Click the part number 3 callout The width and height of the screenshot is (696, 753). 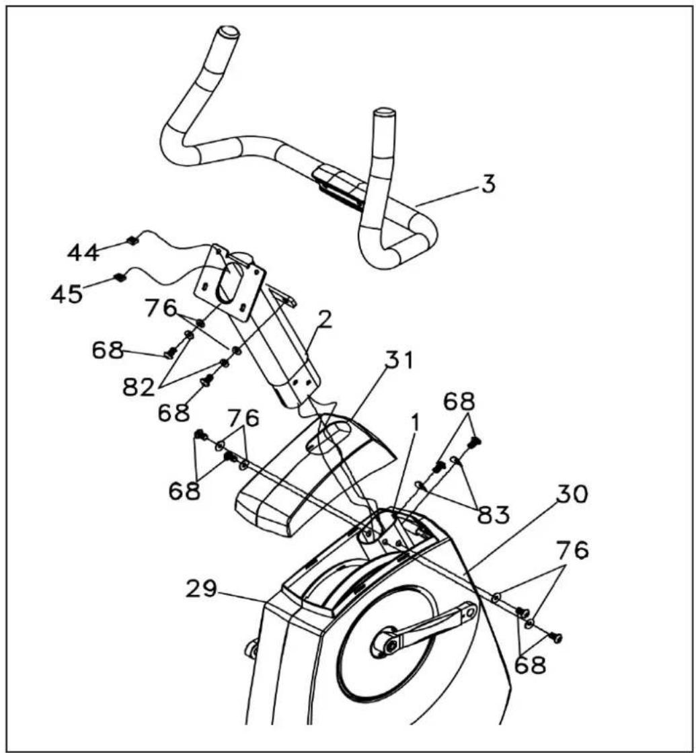tap(488, 184)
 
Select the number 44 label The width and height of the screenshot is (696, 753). tap(83, 253)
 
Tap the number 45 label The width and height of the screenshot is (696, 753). tap(67, 294)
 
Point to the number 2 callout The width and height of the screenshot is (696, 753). tap(325, 319)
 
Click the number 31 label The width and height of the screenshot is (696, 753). tap(399, 360)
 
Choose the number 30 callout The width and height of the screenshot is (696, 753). tap(572, 494)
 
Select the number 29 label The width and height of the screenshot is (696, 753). tap(202, 589)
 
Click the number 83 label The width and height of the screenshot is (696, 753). tap(493, 515)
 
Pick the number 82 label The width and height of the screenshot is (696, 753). tap(139, 387)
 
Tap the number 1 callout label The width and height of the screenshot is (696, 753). tap(415, 423)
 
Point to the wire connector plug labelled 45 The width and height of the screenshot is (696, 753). tap(119, 277)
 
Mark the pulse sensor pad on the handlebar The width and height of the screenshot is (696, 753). tap(339, 188)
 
